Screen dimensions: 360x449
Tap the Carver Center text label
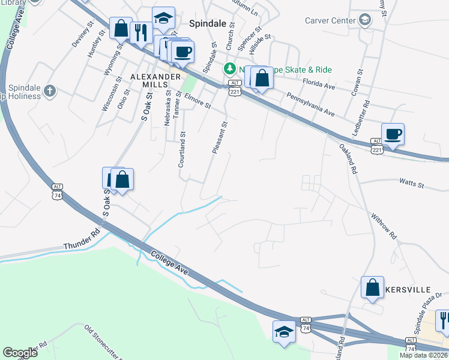click(330, 20)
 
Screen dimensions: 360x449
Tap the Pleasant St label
click(219, 138)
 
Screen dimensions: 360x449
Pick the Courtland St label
click(182, 150)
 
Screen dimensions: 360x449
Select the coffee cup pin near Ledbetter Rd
click(393, 134)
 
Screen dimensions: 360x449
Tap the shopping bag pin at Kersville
click(372, 287)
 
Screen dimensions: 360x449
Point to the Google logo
click(20, 353)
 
